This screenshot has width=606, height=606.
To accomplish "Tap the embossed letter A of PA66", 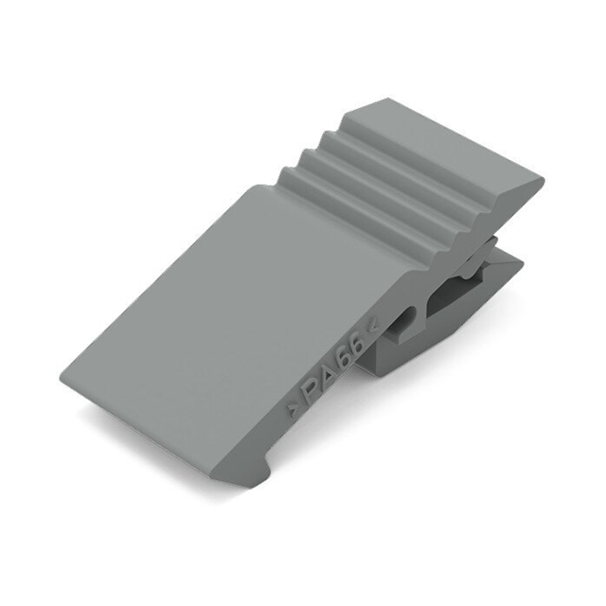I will coord(328,373).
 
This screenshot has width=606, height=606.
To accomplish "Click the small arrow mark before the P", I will coord(292,410).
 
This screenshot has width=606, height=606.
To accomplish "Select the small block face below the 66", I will coord(379,355).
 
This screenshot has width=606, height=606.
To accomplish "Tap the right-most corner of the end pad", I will coord(542,177).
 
